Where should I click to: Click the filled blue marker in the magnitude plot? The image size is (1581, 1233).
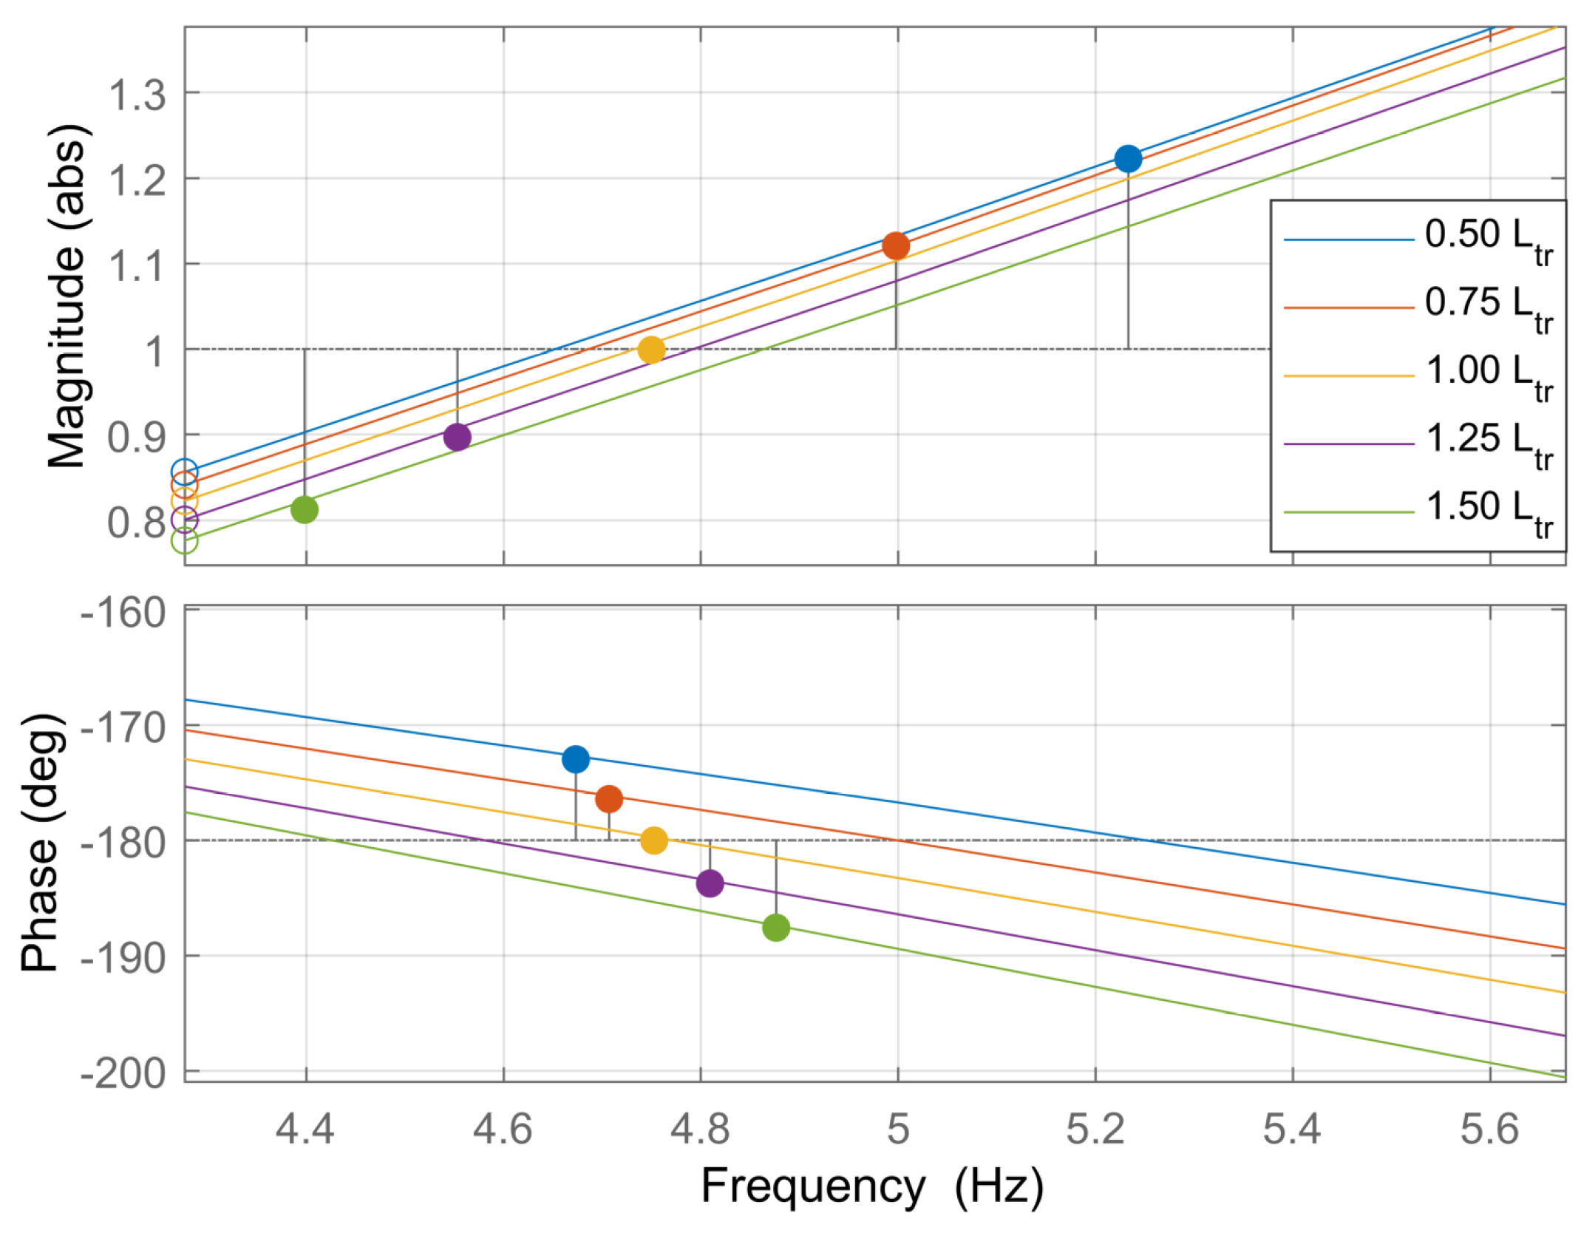click(1128, 159)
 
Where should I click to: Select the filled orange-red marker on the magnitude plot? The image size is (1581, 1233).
click(896, 246)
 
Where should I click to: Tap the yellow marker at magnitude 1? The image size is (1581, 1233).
click(651, 350)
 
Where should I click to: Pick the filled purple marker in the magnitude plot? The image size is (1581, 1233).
click(458, 437)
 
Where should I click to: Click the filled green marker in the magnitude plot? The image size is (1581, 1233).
click(305, 509)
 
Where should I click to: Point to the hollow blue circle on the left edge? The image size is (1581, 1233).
click(185, 472)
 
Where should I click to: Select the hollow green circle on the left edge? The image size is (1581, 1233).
click(185, 540)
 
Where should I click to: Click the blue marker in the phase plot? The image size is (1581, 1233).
click(576, 759)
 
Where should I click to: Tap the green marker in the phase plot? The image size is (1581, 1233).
click(775, 927)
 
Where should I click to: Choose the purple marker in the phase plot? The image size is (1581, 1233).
click(710, 883)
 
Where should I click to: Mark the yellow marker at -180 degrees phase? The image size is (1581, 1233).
click(654, 840)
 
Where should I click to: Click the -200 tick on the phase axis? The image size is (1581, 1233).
click(123, 1073)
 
